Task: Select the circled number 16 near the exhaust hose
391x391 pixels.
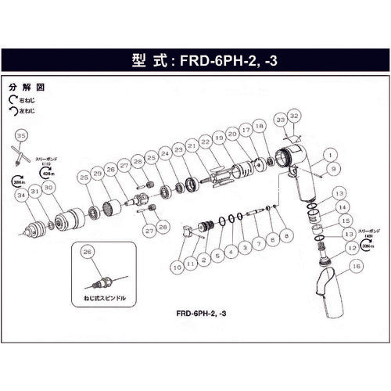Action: [x=357, y=266]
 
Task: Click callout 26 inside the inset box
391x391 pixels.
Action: [x=86, y=252]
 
